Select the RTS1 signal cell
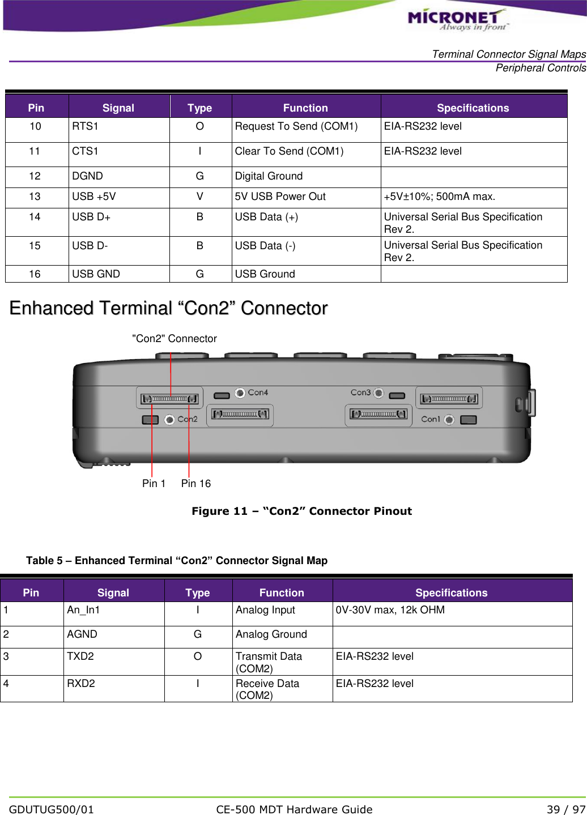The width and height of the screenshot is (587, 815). [85, 126]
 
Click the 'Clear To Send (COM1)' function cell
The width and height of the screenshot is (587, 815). [289, 151]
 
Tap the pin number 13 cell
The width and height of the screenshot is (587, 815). [35, 197]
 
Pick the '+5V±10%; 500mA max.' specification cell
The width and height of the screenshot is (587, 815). [440, 197]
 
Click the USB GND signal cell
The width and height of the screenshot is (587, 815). [96, 274]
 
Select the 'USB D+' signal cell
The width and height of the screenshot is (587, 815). [91, 217]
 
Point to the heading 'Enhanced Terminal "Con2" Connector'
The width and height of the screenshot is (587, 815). [168, 308]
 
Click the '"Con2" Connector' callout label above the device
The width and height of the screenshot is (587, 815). [175, 339]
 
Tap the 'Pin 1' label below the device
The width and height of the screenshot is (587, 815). [154, 484]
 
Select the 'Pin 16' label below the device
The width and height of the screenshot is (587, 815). [196, 484]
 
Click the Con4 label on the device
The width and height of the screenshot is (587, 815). [258, 392]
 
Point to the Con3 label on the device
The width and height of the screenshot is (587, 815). [360, 392]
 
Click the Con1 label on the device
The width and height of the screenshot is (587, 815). [431, 419]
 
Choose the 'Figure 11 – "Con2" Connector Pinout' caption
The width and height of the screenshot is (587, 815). [301, 511]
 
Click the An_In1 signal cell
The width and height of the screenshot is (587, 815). [83, 610]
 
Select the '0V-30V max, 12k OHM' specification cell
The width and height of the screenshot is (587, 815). [390, 610]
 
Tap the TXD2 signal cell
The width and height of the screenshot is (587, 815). [80, 656]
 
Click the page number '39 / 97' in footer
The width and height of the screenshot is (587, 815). [565, 809]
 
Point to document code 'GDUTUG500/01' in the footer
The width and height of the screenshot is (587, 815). [52, 809]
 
